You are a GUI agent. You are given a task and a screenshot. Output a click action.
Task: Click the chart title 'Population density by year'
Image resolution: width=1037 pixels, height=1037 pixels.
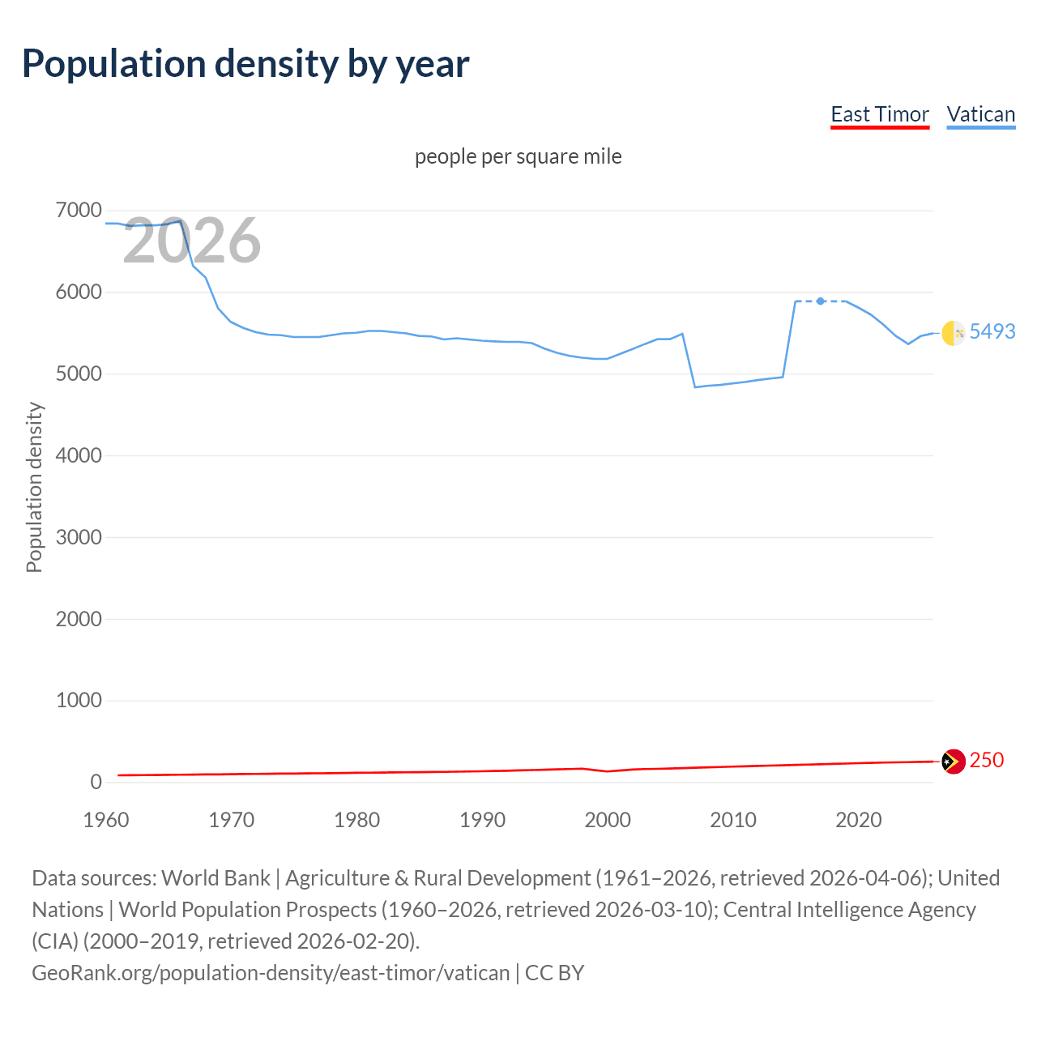tap(245, 64)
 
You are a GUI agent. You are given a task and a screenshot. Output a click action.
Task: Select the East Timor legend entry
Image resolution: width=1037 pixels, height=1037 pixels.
tap(880, 114)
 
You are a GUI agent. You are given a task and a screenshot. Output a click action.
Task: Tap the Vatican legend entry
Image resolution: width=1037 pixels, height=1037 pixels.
tap(980, 114)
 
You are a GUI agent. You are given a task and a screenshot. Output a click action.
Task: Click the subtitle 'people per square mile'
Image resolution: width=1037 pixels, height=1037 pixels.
tap(518, 156)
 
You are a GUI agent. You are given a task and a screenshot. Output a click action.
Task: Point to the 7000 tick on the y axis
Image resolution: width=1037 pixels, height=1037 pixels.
tap(79, 211)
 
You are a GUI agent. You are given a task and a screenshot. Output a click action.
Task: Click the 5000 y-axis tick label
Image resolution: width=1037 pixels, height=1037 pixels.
tap(79, 374)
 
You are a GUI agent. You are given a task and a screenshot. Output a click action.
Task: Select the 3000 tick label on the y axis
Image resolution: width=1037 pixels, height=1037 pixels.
tap(79, 537)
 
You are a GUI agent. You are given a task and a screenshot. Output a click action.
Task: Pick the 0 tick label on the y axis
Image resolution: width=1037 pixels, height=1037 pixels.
tap(96, 782)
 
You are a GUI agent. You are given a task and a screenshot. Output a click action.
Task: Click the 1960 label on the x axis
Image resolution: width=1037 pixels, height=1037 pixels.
tap(106, 820)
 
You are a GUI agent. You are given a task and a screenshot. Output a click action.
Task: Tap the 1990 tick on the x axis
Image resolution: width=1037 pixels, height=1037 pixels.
tap(482, 820)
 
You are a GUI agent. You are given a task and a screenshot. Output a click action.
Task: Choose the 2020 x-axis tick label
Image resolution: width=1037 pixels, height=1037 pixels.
tap(858, 820)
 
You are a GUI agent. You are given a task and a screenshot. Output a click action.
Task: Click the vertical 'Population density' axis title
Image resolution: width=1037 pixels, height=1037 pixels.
tap(34, 488)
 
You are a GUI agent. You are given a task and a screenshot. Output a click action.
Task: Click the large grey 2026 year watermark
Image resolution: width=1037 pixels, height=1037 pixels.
tap(192, 241)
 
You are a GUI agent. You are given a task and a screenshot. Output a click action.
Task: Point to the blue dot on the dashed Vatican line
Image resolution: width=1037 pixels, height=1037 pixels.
tap(821, 301)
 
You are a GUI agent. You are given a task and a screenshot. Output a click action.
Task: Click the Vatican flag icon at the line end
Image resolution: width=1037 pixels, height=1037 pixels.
tap(954, 332)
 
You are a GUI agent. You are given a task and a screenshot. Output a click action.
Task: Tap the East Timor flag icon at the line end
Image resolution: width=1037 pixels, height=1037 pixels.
tap(954, 762)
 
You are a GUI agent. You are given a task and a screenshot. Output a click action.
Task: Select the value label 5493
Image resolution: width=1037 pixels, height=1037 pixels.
tap(992, 331)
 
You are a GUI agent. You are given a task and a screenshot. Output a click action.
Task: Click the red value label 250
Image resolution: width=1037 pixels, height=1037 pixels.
tap(986, 760)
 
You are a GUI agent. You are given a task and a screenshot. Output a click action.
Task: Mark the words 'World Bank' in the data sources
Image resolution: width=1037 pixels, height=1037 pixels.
tap(216, 878)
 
